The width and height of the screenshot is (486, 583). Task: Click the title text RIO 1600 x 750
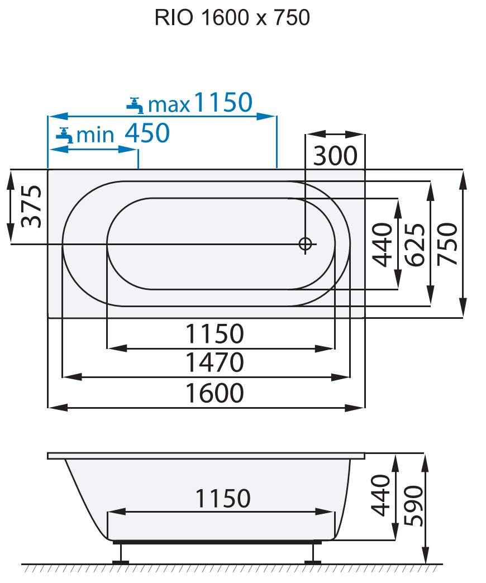[232, 18]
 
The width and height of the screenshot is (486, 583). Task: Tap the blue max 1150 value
[223, 103]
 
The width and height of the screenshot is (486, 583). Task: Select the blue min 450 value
[146, 133]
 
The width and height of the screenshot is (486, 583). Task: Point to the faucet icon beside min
[65, 135]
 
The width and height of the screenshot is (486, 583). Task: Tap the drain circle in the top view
[305, 244]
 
